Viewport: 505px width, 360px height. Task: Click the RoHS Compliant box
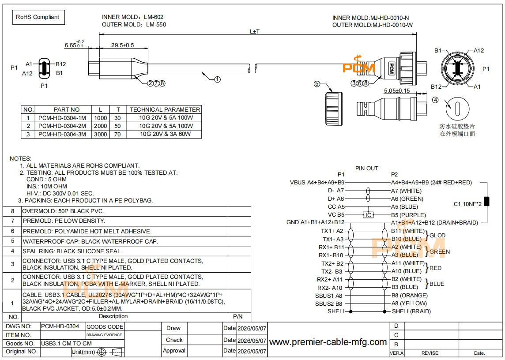[38, 17]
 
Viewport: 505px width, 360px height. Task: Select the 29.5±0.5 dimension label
[122, 45]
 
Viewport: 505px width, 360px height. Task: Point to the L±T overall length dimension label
[255, 32]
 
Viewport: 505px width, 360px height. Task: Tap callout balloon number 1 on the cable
[217, 79]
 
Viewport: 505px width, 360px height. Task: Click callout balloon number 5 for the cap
[317, 84]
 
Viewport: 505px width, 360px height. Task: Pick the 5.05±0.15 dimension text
[397, 91]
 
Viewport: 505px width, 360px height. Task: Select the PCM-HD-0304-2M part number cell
[62, 126]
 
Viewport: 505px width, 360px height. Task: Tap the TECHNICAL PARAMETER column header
[165, 109]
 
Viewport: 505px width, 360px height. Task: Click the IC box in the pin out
[369, 215]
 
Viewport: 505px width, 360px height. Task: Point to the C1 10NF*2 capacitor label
[467, 204]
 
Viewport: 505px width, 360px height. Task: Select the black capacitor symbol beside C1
[487, 201]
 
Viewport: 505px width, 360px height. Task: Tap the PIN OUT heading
[366, 168]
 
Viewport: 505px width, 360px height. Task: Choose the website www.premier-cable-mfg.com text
[328, 342]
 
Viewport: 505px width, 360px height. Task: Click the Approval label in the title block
[174, 351]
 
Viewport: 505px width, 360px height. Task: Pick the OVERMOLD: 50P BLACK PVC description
[63, 211]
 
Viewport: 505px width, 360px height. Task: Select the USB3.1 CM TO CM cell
[66, 344]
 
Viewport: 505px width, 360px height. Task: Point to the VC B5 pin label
[336, 215]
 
